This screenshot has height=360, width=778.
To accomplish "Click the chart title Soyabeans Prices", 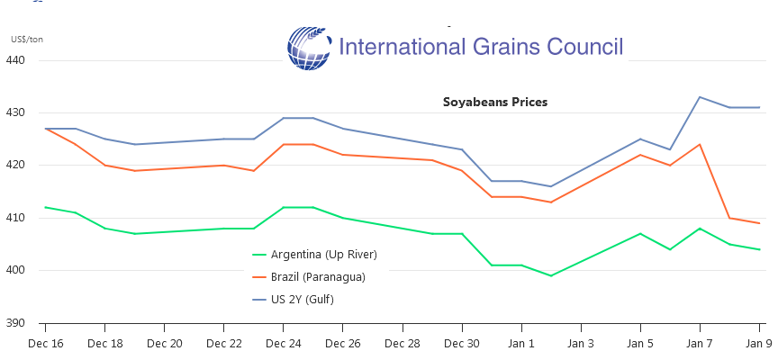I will pyautogui.click(x=494, y=102).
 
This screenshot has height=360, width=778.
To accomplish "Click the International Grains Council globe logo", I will pyautogui.click(x=310, y=48).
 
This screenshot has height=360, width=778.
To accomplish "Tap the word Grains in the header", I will pyautogui.click(x=504, y=47).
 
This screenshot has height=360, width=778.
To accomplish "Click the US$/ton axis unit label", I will pyautogui.click(x=27, y=39).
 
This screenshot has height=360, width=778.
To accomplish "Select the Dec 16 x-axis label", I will pyautogui.click(x=45, y=343).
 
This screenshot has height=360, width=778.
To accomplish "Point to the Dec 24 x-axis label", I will pyautogui.click(x=283, y=343).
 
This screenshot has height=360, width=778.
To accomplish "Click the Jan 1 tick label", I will pyautogui.click(x=521, y=343).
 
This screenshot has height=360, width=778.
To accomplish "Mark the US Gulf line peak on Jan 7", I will pyautogui.click(x=700, y=97).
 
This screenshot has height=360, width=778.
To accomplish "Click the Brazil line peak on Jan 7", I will pyautogui.click(x=700, y=144).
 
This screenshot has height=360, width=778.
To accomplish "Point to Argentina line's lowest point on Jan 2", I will pyautogui.click(x=551, y=275).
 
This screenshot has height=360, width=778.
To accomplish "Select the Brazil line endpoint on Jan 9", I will pyautogui.click(x=759, y=223).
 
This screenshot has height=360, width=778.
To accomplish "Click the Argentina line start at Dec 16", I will pyautogui.click(x=45, y=207).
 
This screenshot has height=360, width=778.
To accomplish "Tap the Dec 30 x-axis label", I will pyautogui.click(x=462, y=343).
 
